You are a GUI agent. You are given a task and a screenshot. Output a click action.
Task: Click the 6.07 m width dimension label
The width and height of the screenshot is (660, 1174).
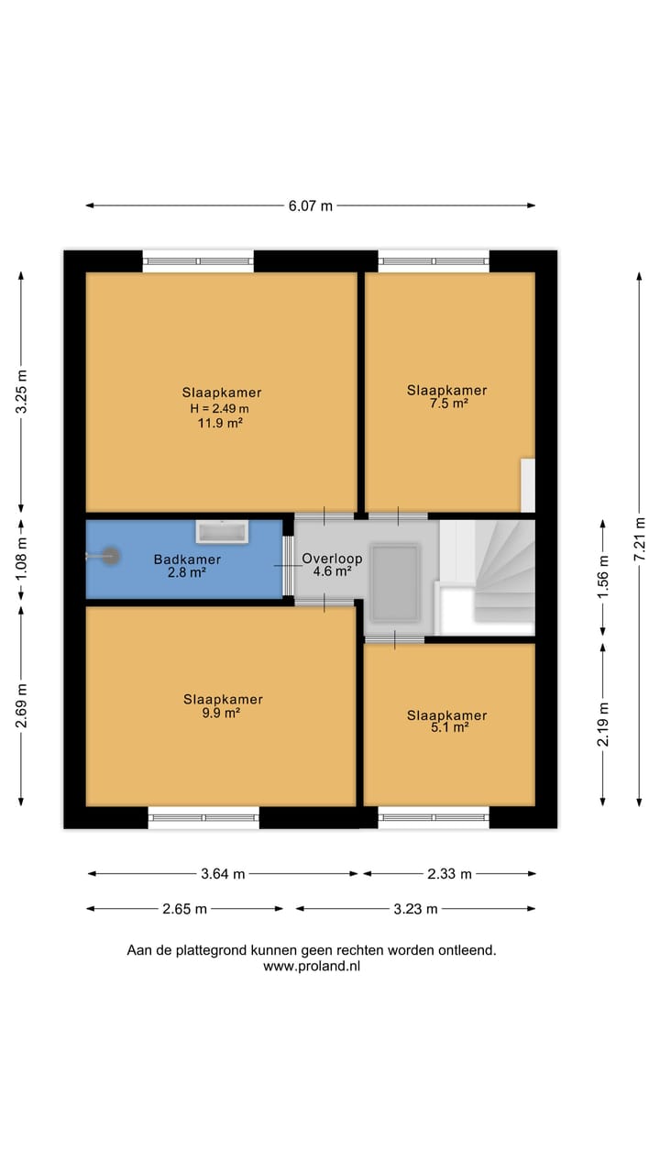click(311, 206)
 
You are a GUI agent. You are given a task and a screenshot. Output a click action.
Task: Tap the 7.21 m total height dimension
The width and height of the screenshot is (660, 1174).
click(640, 538)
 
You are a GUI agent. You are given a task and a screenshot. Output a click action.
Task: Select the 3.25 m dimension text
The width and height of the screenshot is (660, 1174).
click(21, 392)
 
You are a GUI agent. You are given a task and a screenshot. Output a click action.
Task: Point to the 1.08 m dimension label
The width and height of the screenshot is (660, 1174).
click(21, 559)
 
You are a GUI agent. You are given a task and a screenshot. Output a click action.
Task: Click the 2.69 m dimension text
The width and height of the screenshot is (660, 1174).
click(21, 706)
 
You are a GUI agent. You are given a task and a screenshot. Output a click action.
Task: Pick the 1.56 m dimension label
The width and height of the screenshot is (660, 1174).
click(603, 577)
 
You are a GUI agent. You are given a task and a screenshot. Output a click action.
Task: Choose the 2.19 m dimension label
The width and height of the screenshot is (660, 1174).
click(603, 724)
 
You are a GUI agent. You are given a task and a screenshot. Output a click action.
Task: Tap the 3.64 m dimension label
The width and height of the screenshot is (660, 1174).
click(223, 874)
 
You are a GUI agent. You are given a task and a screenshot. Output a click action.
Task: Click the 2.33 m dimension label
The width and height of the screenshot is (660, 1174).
click(449, 874)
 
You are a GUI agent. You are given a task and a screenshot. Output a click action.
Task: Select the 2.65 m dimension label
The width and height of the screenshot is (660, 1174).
click(184, 909)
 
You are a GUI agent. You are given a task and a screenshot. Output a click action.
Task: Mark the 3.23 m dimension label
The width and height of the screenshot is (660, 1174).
click(415, 909)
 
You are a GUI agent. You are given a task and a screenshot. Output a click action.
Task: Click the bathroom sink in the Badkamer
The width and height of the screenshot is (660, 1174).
click(222, 532)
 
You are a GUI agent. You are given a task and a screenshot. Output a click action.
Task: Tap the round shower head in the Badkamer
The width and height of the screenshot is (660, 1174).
click(110, 556)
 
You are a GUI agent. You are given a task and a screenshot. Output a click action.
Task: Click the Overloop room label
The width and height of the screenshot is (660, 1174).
click(332, 559)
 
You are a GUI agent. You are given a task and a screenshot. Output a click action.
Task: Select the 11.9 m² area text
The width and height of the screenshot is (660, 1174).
click(220, 423)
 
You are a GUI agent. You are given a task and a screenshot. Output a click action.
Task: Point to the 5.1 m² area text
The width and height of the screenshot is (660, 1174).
click(449, 727)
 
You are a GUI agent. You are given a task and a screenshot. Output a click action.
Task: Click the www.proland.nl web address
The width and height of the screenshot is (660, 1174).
click(312, 966)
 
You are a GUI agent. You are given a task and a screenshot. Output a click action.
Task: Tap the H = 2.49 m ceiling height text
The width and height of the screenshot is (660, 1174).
click(219, 408)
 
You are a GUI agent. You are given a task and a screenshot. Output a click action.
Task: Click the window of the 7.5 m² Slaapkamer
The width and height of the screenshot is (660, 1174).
click(434, 261)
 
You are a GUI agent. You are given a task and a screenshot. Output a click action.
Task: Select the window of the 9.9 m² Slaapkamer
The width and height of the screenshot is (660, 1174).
click(203, 817)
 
